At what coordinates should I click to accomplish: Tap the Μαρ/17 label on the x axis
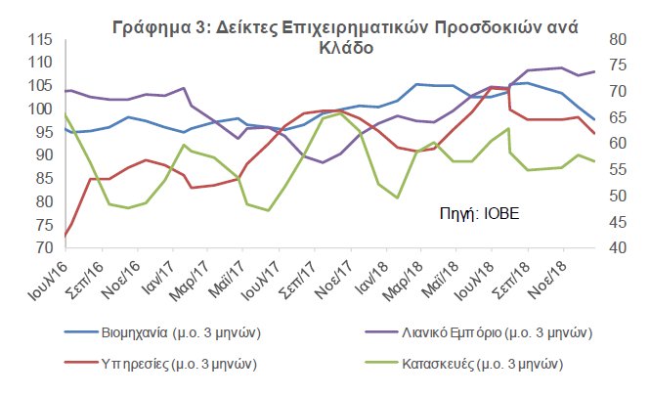pyautogui.click(x=199, y=279)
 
